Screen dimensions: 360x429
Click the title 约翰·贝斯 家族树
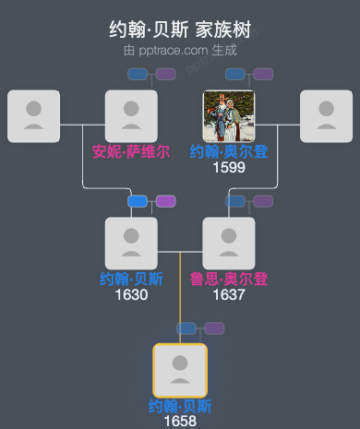pyautogui.click(x=179, y=30)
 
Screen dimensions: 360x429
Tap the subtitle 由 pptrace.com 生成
pyautogui.click(x=179, y=50)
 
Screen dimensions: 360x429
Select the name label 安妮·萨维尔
pyautogui.click(x=131, y=152)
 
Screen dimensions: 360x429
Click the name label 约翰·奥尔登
pyautogui.click(x=228, y=152)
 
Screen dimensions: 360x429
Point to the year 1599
pyautogui.click(x=228, y=167)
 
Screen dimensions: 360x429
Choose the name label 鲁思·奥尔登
pyautogui.click(x=228, y=280)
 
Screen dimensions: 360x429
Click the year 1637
pyautogui.click(x=228, y=295)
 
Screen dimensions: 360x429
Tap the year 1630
pyautogui.click(x=131, y=295)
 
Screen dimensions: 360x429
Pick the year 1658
pyautogui.click(x=180, y=421)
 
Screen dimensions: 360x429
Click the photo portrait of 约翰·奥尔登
pyautogui.click(x=228, y=116)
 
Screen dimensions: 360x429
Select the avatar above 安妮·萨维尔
pyautogui.click(x=131, y=116)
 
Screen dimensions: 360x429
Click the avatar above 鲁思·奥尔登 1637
pyautogui.click(x=228, y=243)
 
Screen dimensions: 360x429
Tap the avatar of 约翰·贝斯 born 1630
pyautogui.click(x=131, y=243)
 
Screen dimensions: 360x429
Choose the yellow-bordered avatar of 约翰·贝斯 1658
pyautogui.click(x=180, y=370)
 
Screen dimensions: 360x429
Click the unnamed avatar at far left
pyautogui.click(x=33, y=116)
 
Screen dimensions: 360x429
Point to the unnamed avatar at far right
pyautogui.click(x=326, y=116)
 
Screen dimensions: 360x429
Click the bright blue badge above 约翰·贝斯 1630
pyautogui.click(x=138, y=201)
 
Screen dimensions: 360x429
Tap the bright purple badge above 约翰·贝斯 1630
pyautogui.click(x=166, y=201)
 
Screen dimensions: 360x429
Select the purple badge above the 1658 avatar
pyautogui.click(x=215, y=328)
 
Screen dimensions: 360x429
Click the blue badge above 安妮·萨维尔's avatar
pyautogui.click(x=138, y=74)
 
